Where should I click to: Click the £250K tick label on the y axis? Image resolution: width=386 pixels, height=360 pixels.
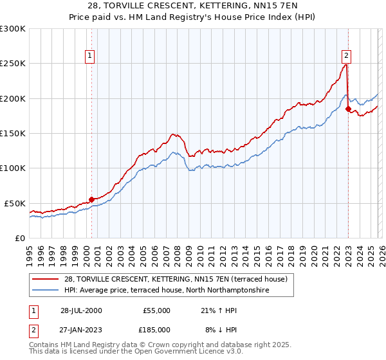tap(12, 64)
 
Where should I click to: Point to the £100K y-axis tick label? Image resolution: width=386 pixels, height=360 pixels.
tap(12, 168)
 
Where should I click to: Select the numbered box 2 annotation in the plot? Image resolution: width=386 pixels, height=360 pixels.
tap(346, 55)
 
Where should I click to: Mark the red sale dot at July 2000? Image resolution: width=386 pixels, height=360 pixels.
tap(92, 199)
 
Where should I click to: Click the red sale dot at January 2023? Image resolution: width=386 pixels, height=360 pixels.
tap(348, 109)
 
